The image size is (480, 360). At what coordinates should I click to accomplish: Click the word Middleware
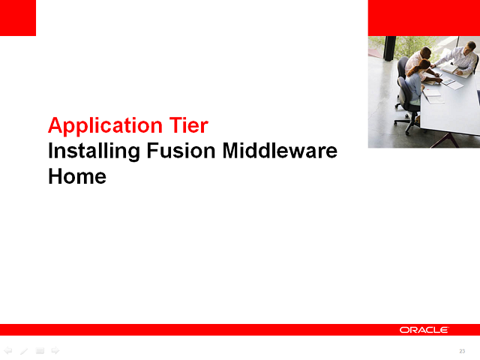click(280, 151)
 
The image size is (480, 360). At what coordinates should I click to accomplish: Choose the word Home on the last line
click(76, 177)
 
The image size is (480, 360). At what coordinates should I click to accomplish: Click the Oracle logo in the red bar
click(424, 330)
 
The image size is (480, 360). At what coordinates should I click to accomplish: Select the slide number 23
click(462, 352)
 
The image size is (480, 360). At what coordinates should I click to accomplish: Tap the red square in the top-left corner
click(17, 17)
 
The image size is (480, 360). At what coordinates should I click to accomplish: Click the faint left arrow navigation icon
click(8, 350)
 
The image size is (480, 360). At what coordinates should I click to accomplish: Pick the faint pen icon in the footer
click(24, 350)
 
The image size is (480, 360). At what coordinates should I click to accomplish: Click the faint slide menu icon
click(40, 350)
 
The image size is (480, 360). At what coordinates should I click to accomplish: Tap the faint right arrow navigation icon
click(55, 350)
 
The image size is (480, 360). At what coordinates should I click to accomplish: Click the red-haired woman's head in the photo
click(425, 65)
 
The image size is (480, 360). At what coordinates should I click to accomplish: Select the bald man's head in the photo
click(424, 52)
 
